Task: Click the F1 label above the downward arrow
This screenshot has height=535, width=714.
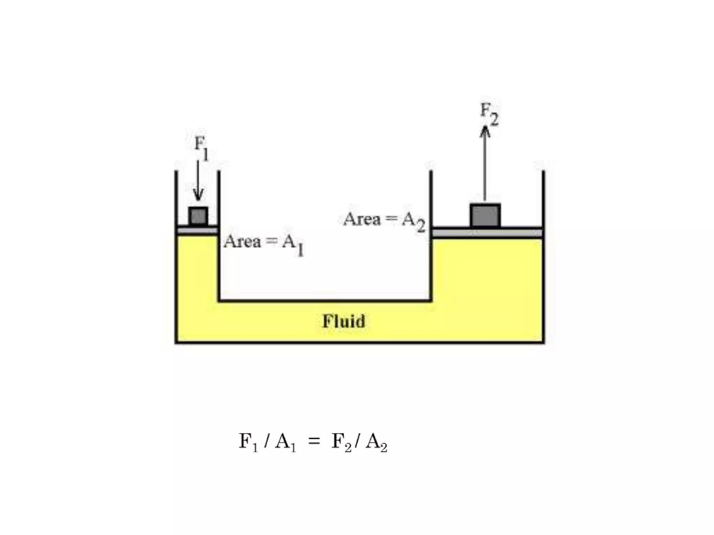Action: pos(201,148)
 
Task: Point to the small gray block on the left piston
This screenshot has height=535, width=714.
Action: pos(198,216)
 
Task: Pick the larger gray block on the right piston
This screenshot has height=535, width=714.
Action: pos(485,215)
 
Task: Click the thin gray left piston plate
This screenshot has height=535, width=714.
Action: pos(197,231)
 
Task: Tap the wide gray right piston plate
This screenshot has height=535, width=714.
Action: pos(487,233)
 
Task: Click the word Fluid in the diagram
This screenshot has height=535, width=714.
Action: pos(344,321)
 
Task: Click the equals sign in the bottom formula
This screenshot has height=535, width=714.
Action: pos(314,442)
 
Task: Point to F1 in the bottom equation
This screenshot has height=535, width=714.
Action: pos(248,442)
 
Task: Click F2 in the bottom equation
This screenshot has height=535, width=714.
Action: pos(341,442)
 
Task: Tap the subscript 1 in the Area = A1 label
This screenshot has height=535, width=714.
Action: pos(300,250)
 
